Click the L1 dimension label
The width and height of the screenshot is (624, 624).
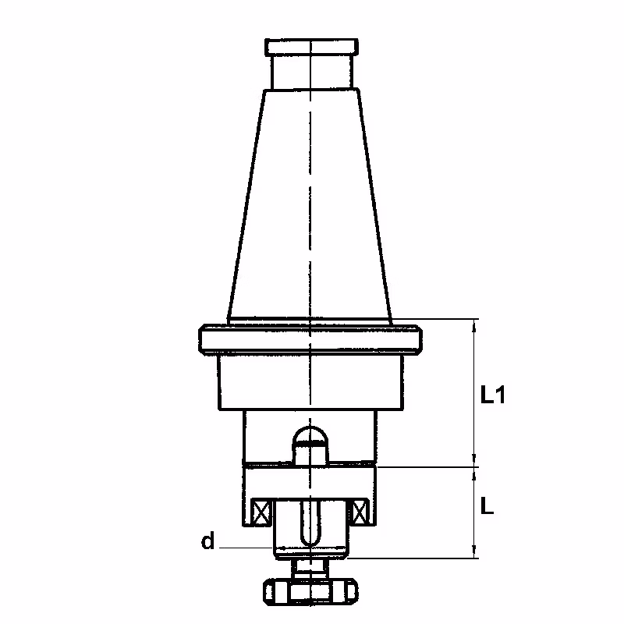pyautogui.click(x=493, y=395)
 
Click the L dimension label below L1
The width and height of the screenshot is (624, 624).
pyautogui.click(x=487, y=506)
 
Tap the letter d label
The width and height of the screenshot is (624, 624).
pyautogui.click(x=207, y=541)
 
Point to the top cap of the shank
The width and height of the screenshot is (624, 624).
pyautogui.click(x=311, y=47)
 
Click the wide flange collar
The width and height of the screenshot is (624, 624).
pyautogui.click(x=310, y=339)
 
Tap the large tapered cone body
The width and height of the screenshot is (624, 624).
pyautogui.click(x=310, y=205)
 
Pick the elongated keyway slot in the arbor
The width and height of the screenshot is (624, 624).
pyautogui.click(x=310, y=522)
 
